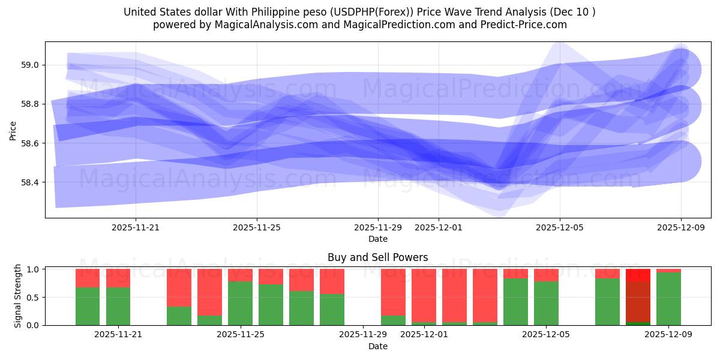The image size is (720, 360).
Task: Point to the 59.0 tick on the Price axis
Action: point(31,65)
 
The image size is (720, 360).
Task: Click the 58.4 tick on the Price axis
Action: point(31,182)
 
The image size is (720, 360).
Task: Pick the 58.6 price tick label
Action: point(31,143)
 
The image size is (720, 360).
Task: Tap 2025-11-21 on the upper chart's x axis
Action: point(136,227)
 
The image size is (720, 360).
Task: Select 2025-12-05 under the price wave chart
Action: point(560,227)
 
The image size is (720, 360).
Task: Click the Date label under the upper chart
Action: point(377,239)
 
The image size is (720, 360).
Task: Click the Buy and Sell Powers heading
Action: point(377,257)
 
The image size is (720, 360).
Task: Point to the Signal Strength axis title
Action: point(18,295)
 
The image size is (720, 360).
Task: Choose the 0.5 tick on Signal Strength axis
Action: point(33,297)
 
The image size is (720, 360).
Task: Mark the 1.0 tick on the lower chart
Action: point(33,269)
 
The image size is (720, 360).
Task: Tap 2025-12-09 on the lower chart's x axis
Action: point(668,335)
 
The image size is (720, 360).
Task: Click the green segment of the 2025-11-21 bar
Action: point(118,306)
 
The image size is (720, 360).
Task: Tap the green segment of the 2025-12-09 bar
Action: point(668,299)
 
